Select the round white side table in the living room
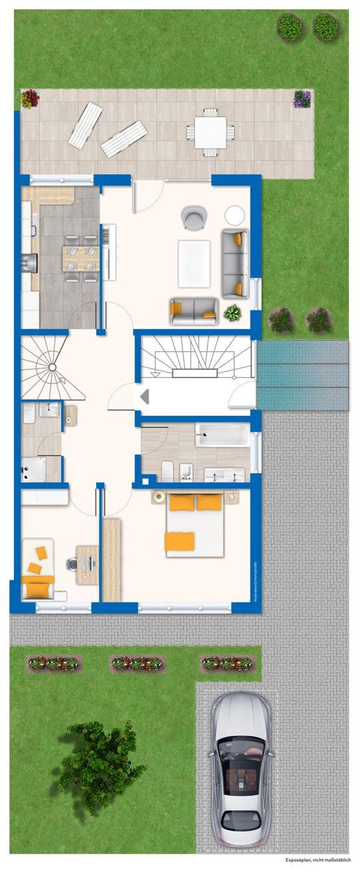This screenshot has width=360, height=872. tap(235, 216)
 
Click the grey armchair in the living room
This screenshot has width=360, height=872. tap(193, 217)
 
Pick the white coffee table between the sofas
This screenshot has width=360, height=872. tap(194, 263)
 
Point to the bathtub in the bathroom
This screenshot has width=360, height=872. tap(222, 435)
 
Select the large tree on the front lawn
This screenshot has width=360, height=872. tap(100, 767)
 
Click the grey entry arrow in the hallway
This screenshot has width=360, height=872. tap(144, 396)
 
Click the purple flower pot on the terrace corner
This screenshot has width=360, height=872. tap(302, 98)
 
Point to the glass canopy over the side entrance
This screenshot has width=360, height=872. tap(303, 374)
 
